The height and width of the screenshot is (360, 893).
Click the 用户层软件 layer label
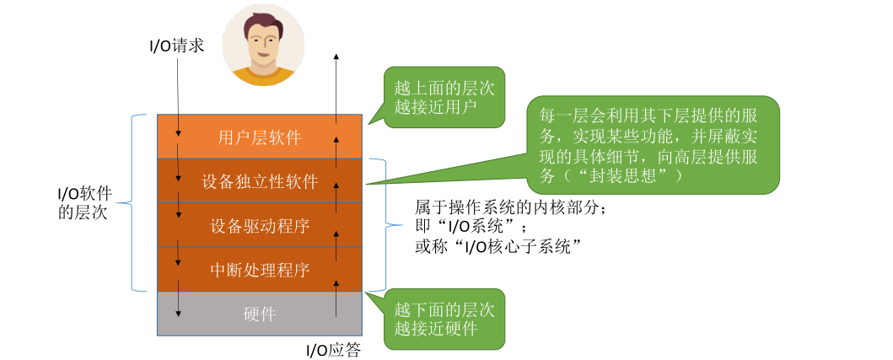(x=259, y=137)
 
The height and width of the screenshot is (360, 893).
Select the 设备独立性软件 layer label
(x=259, y=181)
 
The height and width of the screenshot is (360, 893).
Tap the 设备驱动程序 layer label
(x=259, y=225)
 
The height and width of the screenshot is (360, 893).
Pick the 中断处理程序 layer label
(x=259, y=270)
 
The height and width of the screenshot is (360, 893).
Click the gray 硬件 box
(x=259, y=314)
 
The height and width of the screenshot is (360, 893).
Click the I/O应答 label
(x=332, y=350)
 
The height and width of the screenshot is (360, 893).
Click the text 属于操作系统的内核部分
(x=511, y=207)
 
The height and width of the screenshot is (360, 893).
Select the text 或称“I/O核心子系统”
(x=500, y=247)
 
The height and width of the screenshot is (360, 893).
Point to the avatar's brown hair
(x=262, y=20)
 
